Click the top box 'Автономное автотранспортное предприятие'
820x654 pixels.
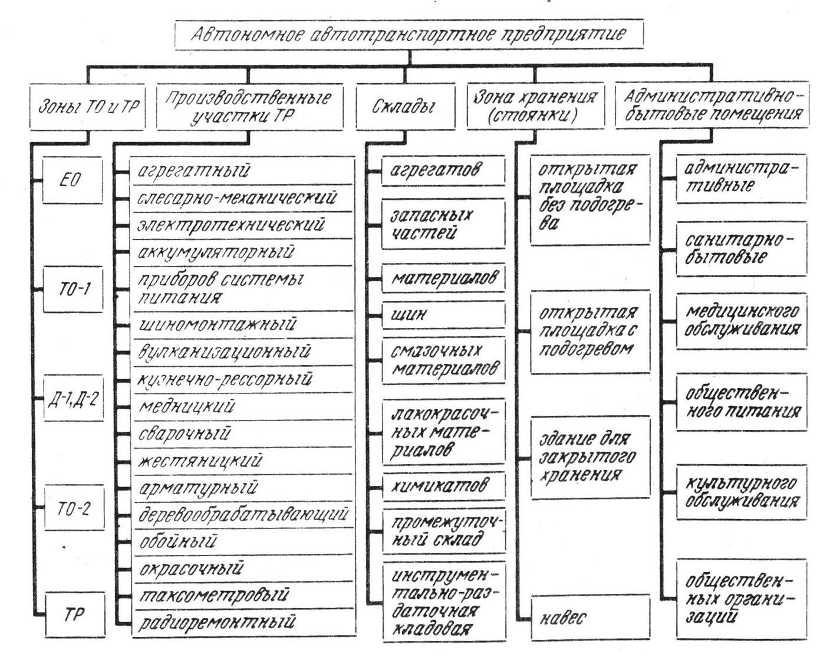(x=409, y=34)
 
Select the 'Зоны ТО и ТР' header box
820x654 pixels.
(x=87, y=107)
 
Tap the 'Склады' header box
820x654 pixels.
(x=405, y=107)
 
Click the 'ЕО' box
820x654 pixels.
(x=73, y=180)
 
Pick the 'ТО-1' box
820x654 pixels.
(x=73, y=289)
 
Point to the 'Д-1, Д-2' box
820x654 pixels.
(x=73, y=399)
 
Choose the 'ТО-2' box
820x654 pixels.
(x=73, y=508)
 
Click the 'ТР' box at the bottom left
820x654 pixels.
(x=73, y=614)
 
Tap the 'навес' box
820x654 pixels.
(x=590, y=617)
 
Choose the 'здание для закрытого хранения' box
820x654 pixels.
(x=590, y=457)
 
